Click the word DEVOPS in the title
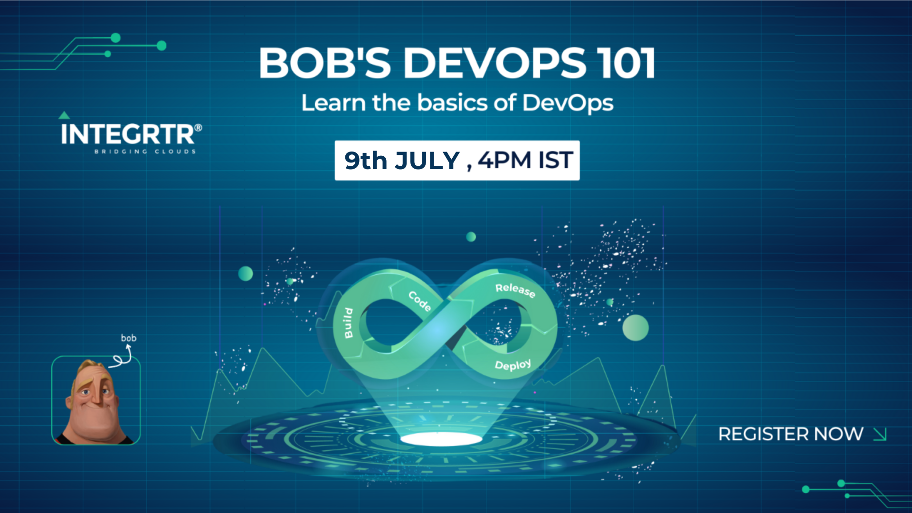(494, 63)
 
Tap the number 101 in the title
(627, 63)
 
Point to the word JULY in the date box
(427, 161)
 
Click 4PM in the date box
(504, 160)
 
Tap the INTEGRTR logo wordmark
(127, 134)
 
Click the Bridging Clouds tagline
(145, 152)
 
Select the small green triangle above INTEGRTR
(64, 115)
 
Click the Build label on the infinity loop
(349, 323)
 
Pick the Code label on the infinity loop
(420, 301)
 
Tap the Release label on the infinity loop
(515, 290)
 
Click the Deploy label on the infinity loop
(513, 365)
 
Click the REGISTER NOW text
(790, 434)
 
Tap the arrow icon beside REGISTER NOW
(880, 434)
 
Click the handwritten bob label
(129, 338)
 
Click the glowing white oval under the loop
(441, 438)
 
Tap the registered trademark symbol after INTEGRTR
(198, 127)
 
